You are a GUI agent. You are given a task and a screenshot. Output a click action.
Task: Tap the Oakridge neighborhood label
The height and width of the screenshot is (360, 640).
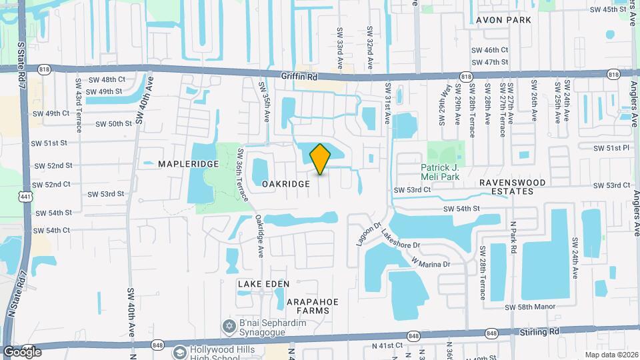click(285, 183)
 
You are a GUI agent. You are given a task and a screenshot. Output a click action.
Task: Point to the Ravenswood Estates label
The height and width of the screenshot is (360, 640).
click(513, 187)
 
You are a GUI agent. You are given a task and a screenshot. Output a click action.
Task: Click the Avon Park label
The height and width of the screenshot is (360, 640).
click(503, 20)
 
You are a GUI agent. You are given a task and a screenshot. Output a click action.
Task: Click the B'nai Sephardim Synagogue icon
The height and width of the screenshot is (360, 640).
click(229, 325)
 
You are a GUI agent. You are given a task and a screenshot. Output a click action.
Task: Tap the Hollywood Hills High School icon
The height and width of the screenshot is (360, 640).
click(179, 351)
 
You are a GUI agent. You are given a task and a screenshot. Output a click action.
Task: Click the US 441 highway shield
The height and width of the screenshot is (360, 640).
click(25, 196)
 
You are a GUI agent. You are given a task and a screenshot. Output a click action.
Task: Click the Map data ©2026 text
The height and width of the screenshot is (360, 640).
click(609, 355)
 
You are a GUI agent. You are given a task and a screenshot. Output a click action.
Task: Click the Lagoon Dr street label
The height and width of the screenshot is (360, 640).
click(367, 234)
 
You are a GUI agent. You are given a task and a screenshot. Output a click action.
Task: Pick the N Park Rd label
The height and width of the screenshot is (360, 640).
click(513, 237)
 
